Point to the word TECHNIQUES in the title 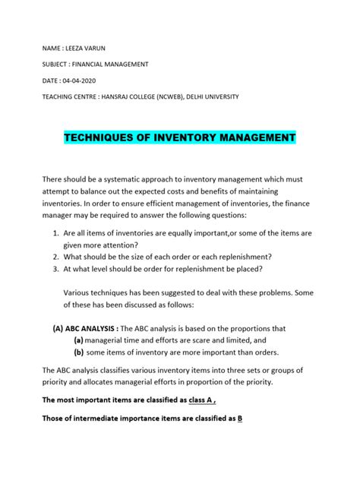(x=103, y=138)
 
